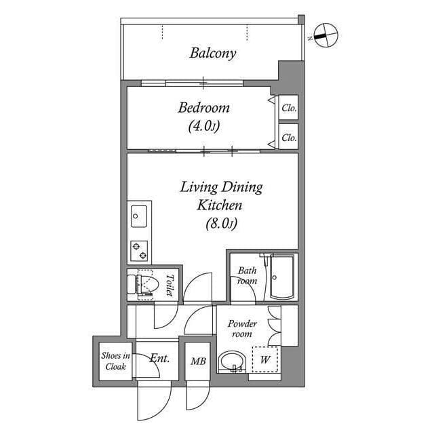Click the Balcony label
[x=213, y=53]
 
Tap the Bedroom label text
[x=203, y=108]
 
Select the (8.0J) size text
[x=222, y=224]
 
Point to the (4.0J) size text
[x=204, y=127]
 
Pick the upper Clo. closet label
[x=289, y=108]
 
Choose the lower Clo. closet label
[x=289, y=137]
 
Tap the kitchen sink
[x=139, y=216]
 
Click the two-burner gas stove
[x=139, y=251]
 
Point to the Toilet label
[x=170, y=285]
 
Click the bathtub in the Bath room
[x=282, y=277]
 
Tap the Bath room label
[x=247, y=276]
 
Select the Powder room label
[x=242, y=328]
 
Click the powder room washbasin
[x=232, y=361]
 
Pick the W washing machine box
[x=265, y=359]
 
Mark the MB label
[x=198, y=361]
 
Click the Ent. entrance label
[x=159, y=359]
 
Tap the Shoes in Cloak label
[x=116, y=361]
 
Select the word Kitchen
[x=220, y=205]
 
